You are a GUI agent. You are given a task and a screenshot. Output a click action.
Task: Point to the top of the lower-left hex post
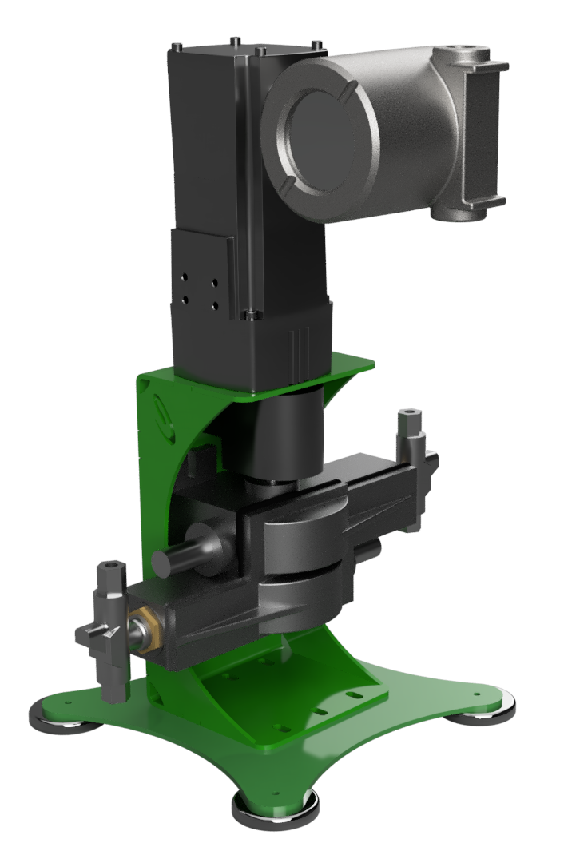pyautogui.click(x=106, y=569)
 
